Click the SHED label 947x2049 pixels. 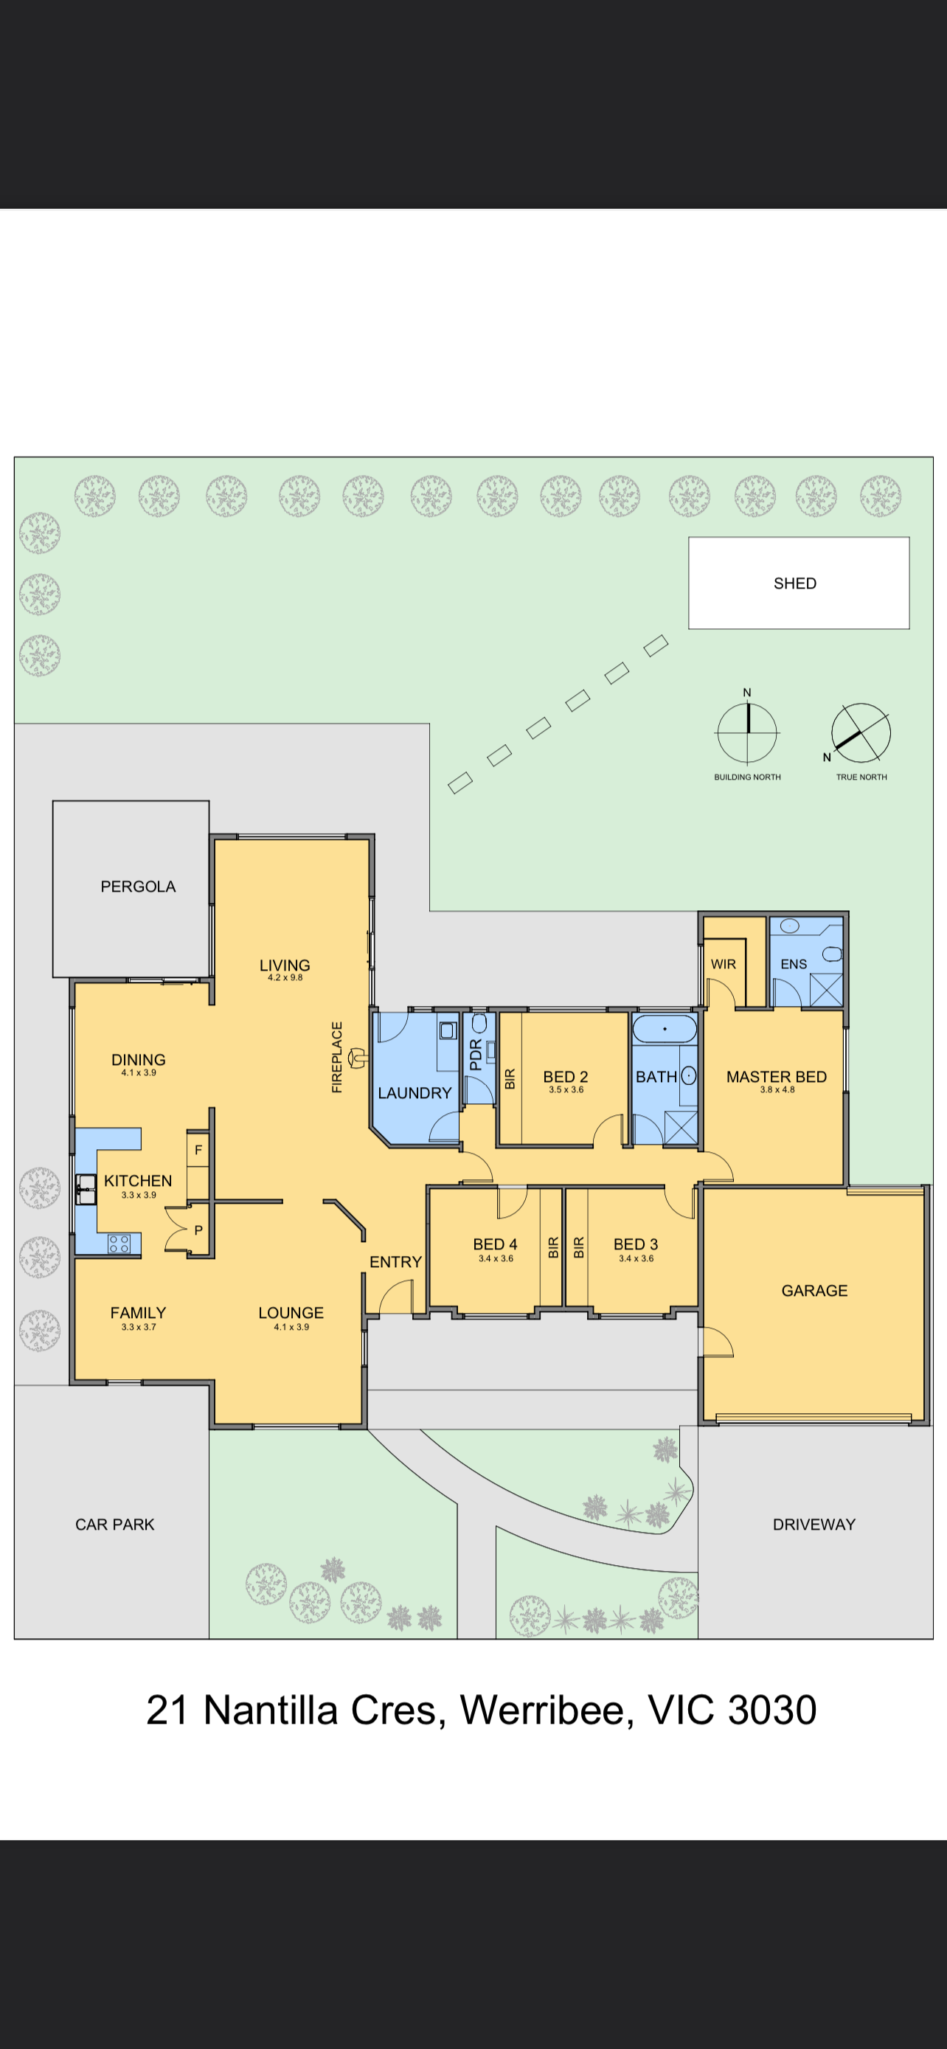coord(795,583)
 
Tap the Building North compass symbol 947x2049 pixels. coord(747,732)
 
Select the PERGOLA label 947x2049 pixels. coord(138,886)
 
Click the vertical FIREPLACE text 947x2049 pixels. coord(336,1057)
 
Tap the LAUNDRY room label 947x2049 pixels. coord(414,1093)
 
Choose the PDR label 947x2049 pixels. coord(476,1055)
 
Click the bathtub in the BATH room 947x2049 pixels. coord(665,1028)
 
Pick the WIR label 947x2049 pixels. coord(724,964)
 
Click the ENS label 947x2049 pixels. coord(794,964)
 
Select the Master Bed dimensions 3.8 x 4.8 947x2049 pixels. coord(777,1089)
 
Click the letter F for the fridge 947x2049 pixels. coord(198,1150)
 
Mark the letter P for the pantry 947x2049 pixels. coord(198,1230)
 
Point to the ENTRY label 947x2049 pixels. coord(395,1261)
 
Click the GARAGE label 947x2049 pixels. coord(814,1290)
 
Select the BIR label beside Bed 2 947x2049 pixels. coord(510,1078)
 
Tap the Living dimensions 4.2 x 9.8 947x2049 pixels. coord(285,977)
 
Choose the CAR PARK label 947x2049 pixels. coord(114,1524)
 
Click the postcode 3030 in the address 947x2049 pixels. coord(772,1710)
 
